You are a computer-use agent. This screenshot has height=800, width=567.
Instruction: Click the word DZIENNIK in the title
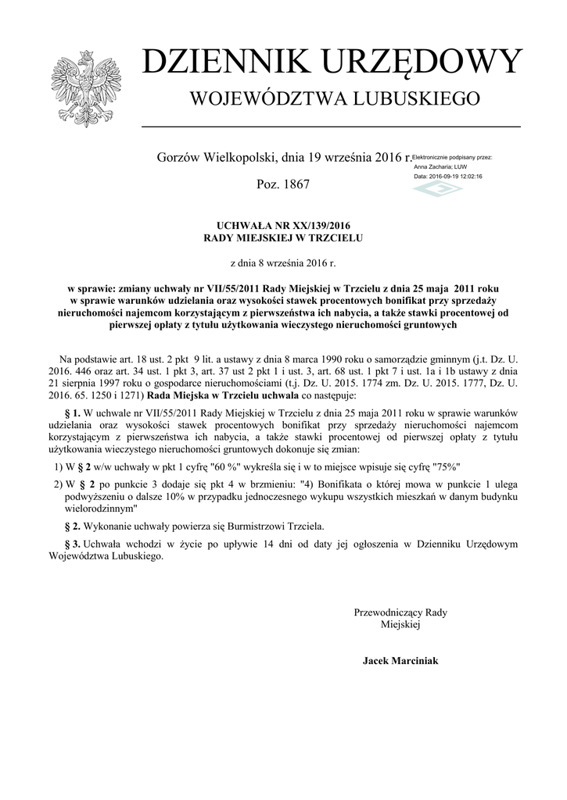[x=223, y=62]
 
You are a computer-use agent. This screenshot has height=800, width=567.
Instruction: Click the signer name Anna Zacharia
[x=432, y=166]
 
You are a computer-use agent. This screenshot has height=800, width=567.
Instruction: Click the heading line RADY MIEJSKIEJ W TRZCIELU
[x=284, y=237]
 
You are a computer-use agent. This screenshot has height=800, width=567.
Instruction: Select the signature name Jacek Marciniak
[x=400, y=661]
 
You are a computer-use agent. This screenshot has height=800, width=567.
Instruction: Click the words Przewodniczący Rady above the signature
[x=400, y=612]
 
